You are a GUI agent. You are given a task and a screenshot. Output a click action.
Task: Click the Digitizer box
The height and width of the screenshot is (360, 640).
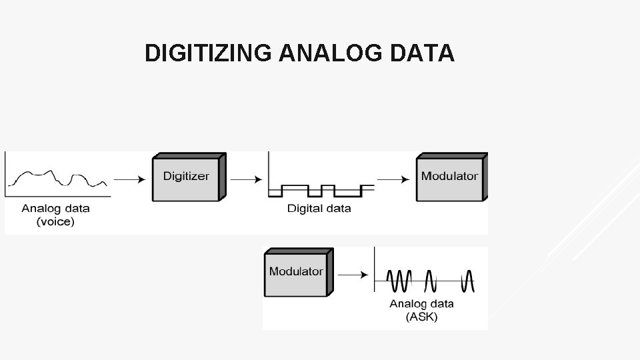(186, 177)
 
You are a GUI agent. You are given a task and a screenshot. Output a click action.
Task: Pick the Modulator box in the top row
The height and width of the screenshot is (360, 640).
(449, 177)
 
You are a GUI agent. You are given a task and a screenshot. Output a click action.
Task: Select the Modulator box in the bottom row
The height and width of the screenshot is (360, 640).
(295, 272)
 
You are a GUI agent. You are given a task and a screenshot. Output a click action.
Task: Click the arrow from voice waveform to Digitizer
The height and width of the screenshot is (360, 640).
(129, 179)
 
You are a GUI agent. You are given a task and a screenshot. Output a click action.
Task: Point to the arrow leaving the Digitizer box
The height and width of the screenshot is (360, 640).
(245, 179)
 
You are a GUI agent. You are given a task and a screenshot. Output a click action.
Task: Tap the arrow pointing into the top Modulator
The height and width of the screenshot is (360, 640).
(393, 179)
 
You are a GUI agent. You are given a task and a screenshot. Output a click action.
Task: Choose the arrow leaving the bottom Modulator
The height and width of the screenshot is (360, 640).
(353, 273)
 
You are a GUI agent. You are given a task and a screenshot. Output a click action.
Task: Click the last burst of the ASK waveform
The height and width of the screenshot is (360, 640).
(469, 281)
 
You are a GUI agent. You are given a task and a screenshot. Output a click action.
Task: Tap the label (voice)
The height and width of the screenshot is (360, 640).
(55, 221)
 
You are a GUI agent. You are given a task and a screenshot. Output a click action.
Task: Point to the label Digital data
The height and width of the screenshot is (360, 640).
(319, 209)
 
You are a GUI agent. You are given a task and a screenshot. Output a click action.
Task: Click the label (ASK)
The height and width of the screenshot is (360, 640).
(421, 317)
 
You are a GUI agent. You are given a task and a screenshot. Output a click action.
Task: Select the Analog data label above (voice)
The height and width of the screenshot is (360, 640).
(55, 208)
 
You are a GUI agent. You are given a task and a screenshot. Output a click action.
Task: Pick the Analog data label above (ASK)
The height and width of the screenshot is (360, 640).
(421, 303)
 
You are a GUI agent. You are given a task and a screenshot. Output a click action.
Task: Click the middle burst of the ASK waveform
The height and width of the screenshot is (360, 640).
(431, 281)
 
